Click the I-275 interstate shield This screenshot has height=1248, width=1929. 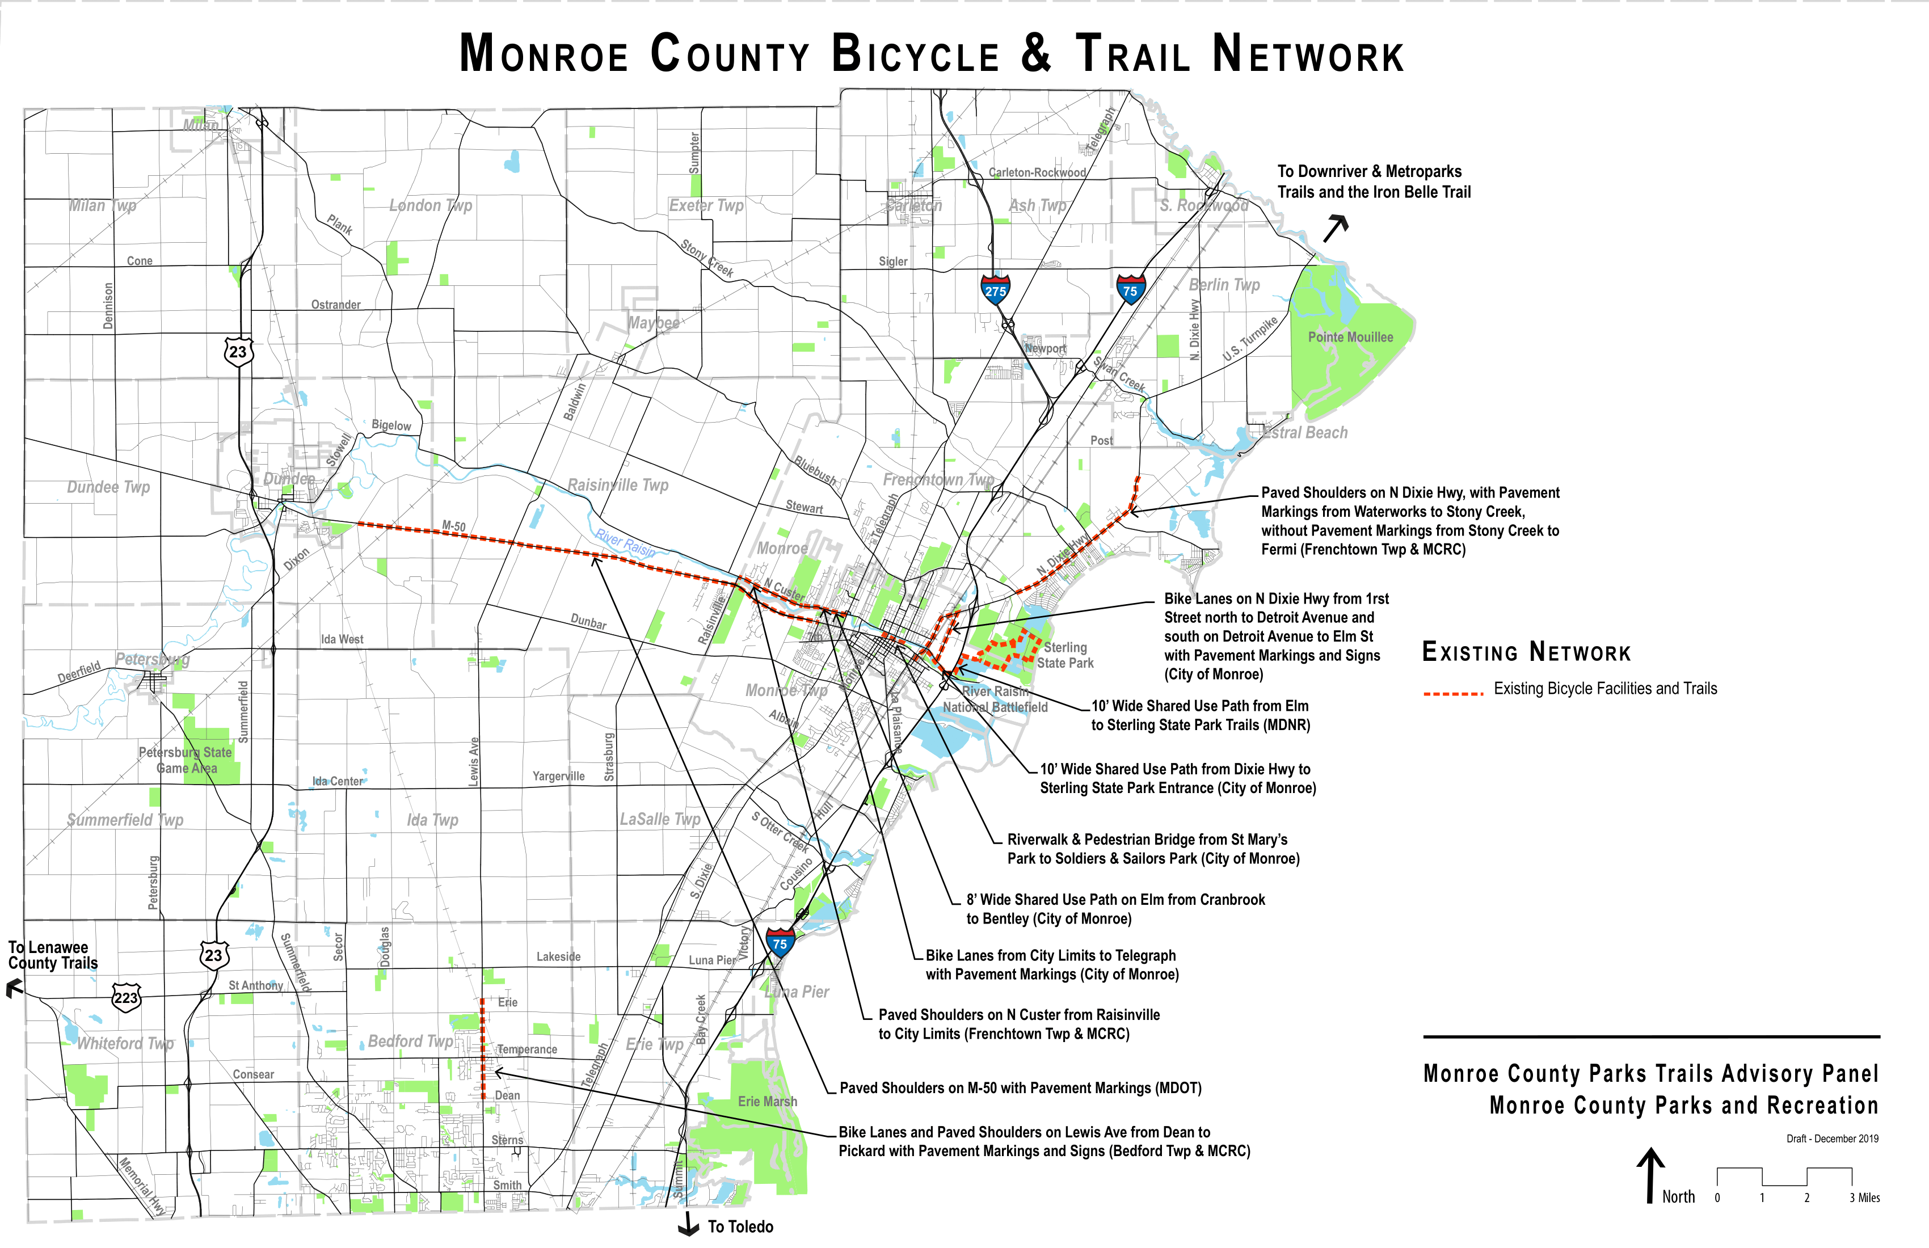[x=995, y=290]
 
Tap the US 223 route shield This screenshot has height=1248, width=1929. [x=125, y=997]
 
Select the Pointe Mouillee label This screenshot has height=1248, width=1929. [x=1350, y=337]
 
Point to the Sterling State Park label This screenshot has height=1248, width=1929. [x=1065, y=655]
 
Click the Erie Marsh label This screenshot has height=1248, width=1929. [x=766, y=1101]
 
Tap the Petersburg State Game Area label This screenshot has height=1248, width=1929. [x=186, y=760]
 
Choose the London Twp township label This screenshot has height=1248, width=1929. [x=431, y=206]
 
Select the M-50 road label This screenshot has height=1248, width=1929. [x=454, y=526]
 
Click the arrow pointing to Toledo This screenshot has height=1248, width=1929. [x=689, y=1225]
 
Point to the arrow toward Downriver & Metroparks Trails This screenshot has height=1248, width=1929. [x=1335, y=229]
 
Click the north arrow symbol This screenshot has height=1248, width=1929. [x=1650, y=1174]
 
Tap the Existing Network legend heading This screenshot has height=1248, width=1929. [x=1526, y=652]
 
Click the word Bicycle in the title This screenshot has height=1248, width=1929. [x=916, y=54]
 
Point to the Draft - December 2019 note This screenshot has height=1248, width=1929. [x=1832, y=1139]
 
